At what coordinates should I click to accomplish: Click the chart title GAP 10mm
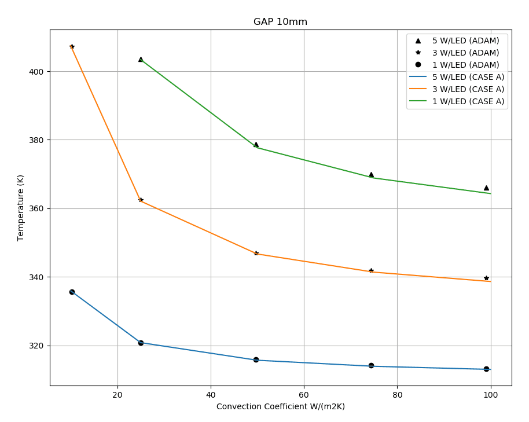pyautogui.click(x=280, y=22)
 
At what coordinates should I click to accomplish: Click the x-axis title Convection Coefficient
pyautogui.click(x=280, y=406)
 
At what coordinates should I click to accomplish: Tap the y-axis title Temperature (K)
pyautogui.click(x=21, y=207)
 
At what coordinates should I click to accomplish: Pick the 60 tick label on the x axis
pyautogui.click(x=304, y=395)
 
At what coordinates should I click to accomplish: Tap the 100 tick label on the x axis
pyautogui.click(x=491, y=395)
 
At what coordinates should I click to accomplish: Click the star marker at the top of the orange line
pyautogui.click(x=72, y=46)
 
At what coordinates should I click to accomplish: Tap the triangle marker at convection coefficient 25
pyautogui.click(x=141, y=59)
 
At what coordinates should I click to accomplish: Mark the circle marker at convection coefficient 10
pyautogui.click(x=72, y=292)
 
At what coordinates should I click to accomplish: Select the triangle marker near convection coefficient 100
pyautogui.click(x=486, y=188)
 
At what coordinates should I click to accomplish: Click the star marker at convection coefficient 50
pyautogui.click(x=256, y=253)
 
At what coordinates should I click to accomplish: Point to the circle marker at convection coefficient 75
pyautogui.click(x=371, y=365)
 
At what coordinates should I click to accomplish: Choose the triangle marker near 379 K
pyautogui.click(x=256, y=144)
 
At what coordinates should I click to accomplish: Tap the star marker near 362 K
pyautogui.click(x=141, y=200)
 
